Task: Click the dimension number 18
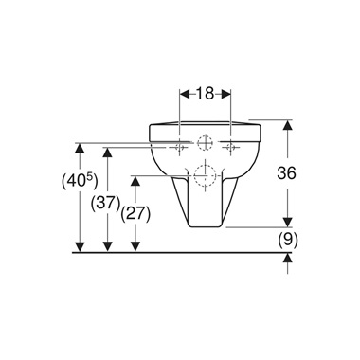pos(206,94)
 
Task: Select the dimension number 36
pos(286,172)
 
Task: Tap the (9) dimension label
pos(288,241)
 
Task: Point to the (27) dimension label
pos(135,215)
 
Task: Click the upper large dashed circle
pos(205,143)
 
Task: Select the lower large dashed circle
pos(205,175)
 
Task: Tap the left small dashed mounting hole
pos(179,147)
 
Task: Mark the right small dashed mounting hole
pos(230,146)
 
